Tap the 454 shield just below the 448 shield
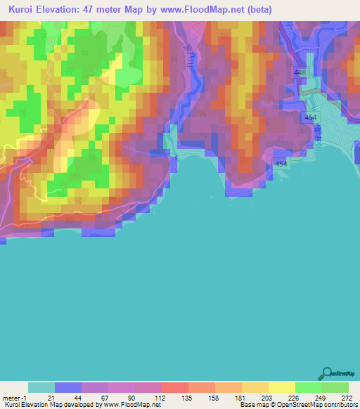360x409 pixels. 310,118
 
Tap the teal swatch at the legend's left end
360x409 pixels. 41,387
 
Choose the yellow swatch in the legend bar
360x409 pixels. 281,387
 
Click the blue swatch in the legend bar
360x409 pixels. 68,387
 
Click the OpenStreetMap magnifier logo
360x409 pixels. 327,372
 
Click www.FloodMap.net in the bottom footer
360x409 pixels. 133,404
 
